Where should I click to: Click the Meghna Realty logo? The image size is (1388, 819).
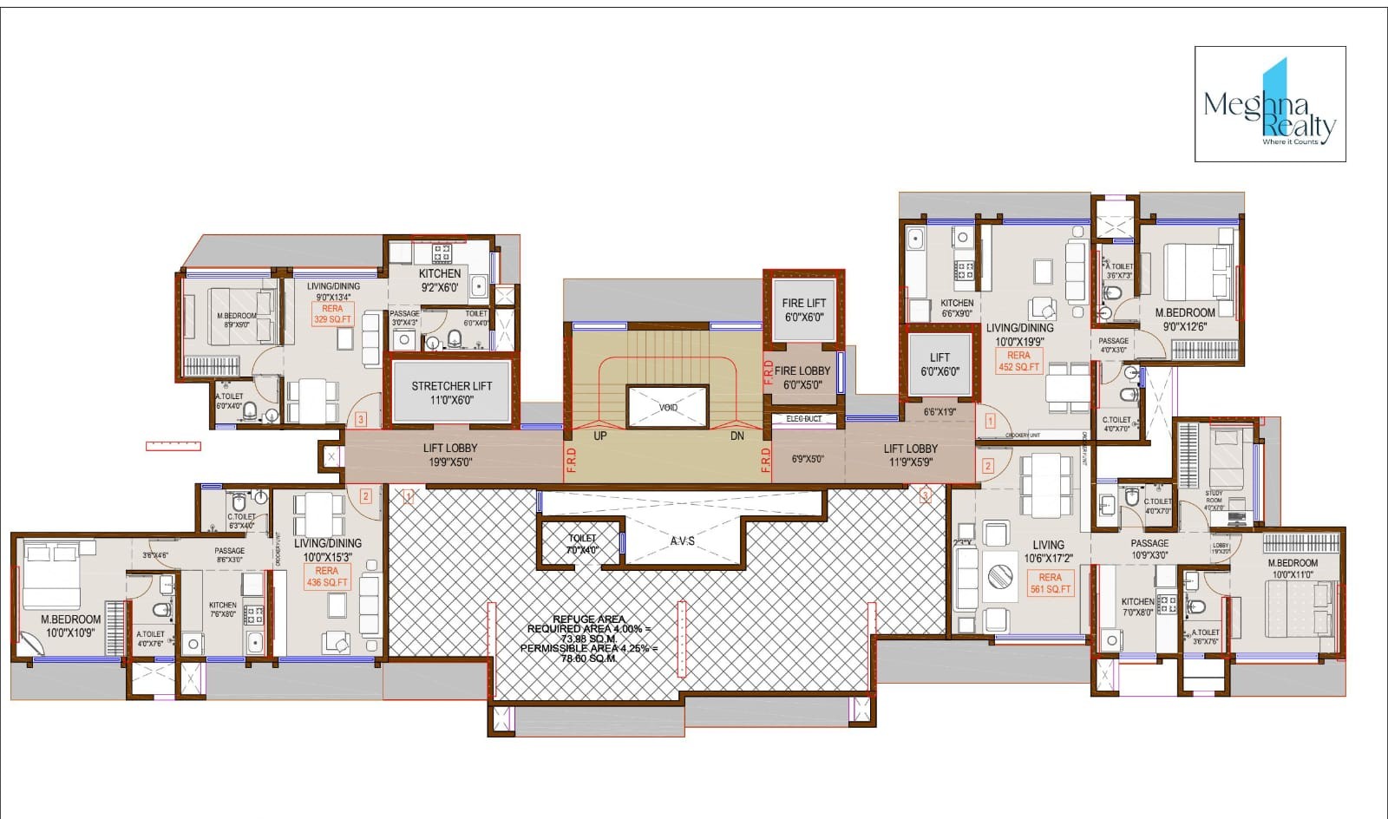tap(1270, 104)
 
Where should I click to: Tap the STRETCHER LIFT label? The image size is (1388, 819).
tap(451, 393)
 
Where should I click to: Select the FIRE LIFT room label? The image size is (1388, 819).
tap(803, 310)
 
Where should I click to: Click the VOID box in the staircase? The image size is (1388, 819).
tap(668, 407)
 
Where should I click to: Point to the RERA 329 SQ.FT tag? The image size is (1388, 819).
tap(332, 314)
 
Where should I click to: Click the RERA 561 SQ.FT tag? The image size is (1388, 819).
tap(1050, 583)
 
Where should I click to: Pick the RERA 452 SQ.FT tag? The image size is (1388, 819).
tap(1018, 361)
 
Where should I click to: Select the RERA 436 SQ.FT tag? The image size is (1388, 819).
tap(326, 577)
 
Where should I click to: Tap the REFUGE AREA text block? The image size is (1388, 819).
tap(589, 639)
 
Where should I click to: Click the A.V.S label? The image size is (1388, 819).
tap(683, 541)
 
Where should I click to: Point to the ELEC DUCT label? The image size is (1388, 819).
tap(803, 419)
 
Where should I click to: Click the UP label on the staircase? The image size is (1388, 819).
tap(600, 436)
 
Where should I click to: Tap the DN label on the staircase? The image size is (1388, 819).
tap(737, 436)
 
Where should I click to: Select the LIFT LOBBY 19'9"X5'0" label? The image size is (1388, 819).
tap(449, 455)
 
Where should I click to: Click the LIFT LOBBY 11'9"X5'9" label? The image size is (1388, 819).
tap(910, 455)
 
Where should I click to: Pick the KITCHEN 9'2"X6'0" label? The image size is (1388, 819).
tap(440, 280)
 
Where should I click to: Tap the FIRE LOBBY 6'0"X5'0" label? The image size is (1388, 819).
tap(802, 377)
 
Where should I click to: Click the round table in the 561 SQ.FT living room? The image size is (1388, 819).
tap(1000, 577)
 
